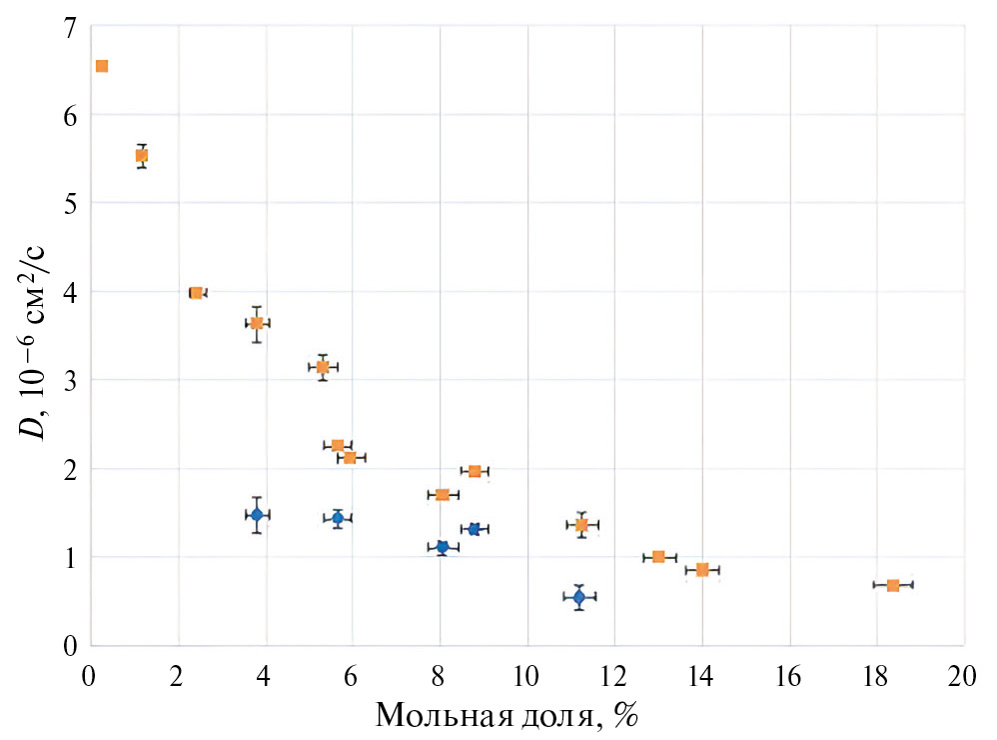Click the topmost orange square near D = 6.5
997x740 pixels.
(101, 66)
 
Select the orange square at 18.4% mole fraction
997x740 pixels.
(892, 585)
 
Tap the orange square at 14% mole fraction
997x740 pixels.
(702, 570)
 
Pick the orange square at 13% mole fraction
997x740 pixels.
(658, 556)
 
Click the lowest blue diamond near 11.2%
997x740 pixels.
(579, 597)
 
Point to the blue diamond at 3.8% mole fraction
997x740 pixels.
(257, 515)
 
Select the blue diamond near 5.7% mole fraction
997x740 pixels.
(338, 518)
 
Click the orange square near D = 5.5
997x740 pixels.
(142, 155)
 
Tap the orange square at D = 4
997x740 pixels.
(196, 293)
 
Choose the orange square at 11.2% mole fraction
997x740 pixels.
(581, 525)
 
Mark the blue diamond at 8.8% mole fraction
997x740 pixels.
(475, 529)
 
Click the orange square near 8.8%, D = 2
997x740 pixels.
(475, 471)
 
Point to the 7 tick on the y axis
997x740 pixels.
(69, 28)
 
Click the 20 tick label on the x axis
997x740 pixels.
(963, 675)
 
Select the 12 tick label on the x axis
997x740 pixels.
(613, 675)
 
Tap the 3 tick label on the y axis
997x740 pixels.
(69, 381)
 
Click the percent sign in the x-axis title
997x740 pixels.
(626, 717)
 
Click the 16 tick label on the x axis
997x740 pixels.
(789, 675)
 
